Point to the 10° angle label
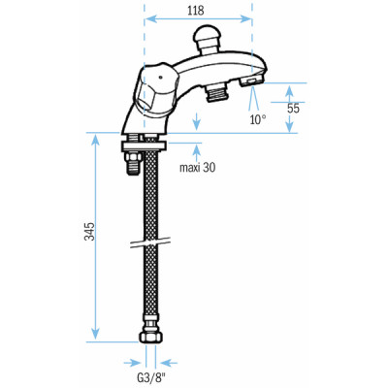(x=257, y=120)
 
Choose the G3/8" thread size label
(x=150, y=376)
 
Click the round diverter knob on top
(x=207, y=39)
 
